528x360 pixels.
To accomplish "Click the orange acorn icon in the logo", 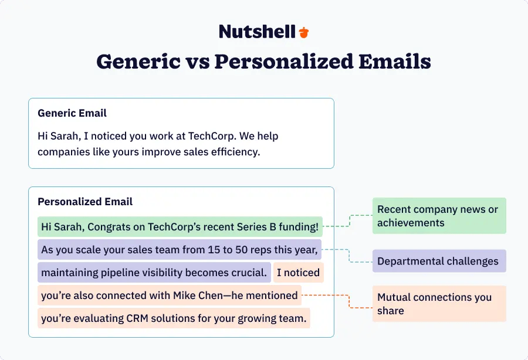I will (304, 32).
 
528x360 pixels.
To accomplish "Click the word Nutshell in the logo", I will (257, 32).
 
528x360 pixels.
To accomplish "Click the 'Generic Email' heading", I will (72, 113).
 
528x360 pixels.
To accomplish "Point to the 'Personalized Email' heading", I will (85, 202).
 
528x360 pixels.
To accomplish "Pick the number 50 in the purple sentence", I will (242, 250).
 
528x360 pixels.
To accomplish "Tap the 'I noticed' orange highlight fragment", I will (298, 273).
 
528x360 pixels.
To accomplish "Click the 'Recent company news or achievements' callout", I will (439, 216).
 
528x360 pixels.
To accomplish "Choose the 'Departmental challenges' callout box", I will (439, 261).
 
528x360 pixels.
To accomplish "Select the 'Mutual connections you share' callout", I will (439, 304).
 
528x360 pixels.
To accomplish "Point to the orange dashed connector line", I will (348, 301).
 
